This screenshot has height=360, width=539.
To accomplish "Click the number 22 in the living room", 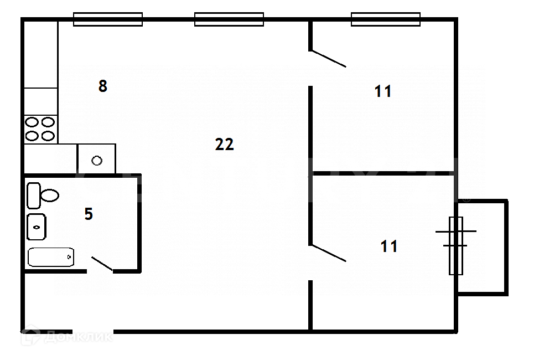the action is [225, 145].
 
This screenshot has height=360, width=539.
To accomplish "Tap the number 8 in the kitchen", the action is [102, 86].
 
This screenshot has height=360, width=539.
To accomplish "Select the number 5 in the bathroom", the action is [89, 214].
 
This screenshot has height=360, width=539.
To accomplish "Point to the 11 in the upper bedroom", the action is [383, 91].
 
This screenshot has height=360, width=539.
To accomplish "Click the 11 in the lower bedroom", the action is [389, 246].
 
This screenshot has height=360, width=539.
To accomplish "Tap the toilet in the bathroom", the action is [43, 195].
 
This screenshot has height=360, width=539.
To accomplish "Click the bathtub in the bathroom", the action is [51, 257].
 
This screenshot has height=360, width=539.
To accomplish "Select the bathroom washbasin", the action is [37, 227].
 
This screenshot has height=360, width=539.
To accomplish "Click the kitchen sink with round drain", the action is [97, 160].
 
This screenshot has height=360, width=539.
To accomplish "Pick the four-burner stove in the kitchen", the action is [40, 128].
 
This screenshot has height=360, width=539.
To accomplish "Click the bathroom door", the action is [102, 264].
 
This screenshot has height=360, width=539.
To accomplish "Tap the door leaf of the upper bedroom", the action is [328, 59].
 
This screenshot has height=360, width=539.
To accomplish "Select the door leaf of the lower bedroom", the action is [328, 253].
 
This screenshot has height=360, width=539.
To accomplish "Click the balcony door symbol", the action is [455, 245].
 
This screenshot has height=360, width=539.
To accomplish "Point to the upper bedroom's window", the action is [385, 19].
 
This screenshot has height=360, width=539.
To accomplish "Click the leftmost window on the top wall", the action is [108, 19].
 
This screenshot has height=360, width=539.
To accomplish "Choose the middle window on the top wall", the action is [229, 19].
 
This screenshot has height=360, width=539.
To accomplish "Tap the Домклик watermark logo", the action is [66, 336].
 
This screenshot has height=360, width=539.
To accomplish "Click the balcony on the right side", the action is [483, 247].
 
